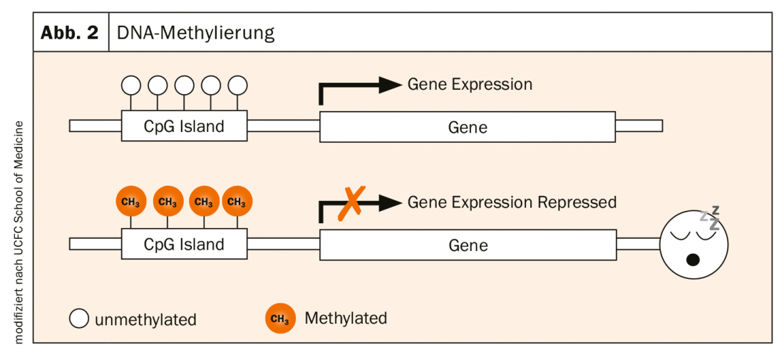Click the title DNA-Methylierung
pos(196,33)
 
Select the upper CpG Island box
pos(184,127)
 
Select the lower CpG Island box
pos(184,245)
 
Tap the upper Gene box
pos(468,127)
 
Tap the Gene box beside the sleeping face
pos(468,245)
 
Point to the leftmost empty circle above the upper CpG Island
pos(131,86)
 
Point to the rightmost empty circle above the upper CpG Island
pos(237,86)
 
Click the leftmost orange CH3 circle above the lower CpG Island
pos(130,202)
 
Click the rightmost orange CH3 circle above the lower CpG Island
pos(237,202)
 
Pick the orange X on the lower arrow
pos(350,202)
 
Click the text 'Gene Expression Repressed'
pos(512,202)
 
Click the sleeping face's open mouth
pos(692,259)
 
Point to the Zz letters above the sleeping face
pos(711,217)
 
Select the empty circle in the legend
pos(79,319)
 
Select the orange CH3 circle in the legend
pos(280,319)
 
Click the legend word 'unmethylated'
pos(145,319)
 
